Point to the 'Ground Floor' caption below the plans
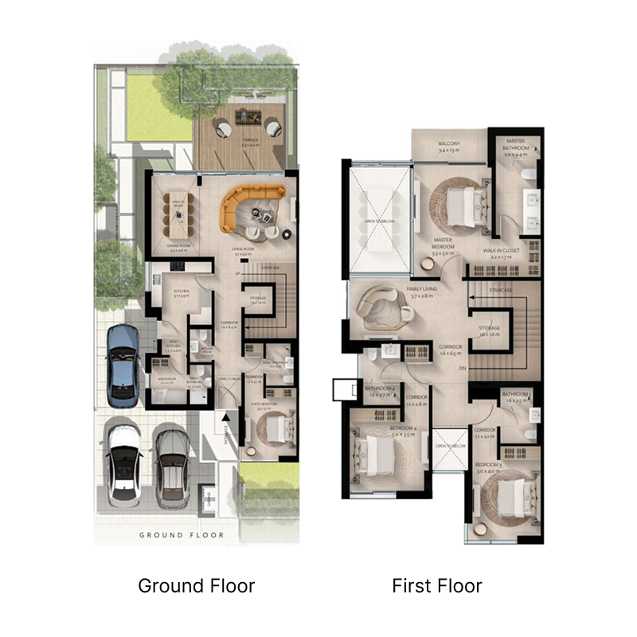click(x=196, y=587)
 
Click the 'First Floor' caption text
click(x=436, y=587)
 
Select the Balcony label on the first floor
click(x=449, y=147)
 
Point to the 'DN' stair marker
click(x=462, y=368)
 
